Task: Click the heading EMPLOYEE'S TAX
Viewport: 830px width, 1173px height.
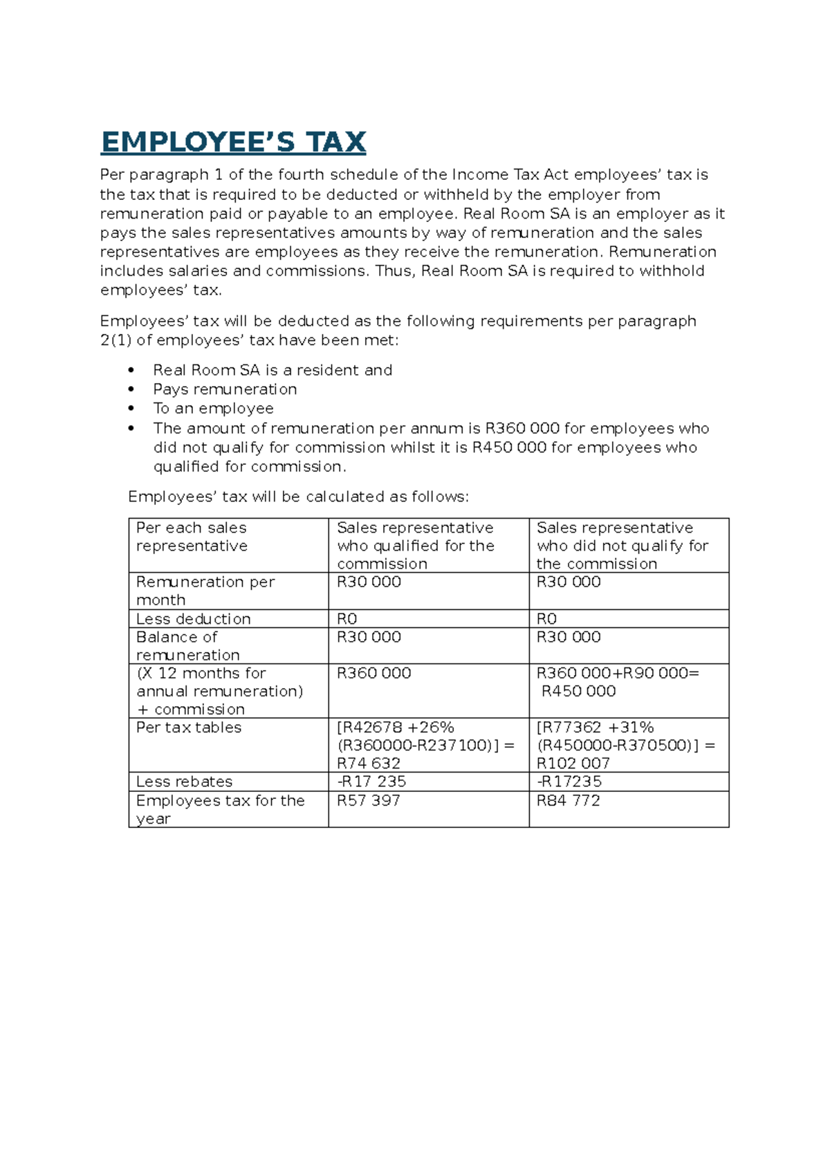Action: [233, 142]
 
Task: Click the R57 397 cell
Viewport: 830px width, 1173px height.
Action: [368, 800]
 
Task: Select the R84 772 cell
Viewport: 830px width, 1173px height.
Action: [568, 800]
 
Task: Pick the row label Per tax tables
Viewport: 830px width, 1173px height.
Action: [189, 728]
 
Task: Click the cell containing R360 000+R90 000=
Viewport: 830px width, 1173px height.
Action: [618, 673]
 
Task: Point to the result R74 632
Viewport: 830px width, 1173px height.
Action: [368, 764]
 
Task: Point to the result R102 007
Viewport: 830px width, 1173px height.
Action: [573, 764]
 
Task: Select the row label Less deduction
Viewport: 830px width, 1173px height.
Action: [193, 619]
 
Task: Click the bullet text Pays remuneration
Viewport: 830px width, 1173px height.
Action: [225, 389]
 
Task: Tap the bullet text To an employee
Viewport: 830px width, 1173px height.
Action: [213, 409]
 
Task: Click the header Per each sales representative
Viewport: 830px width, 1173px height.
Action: [192, 537]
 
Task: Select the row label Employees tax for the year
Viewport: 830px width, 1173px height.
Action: [220, 809]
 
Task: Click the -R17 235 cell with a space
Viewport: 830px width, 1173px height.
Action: [371, 782]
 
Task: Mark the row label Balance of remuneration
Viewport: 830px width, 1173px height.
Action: [187, 646]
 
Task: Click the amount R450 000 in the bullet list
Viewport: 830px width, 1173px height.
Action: [509, 447]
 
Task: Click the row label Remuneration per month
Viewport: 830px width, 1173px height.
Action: [205, 591]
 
